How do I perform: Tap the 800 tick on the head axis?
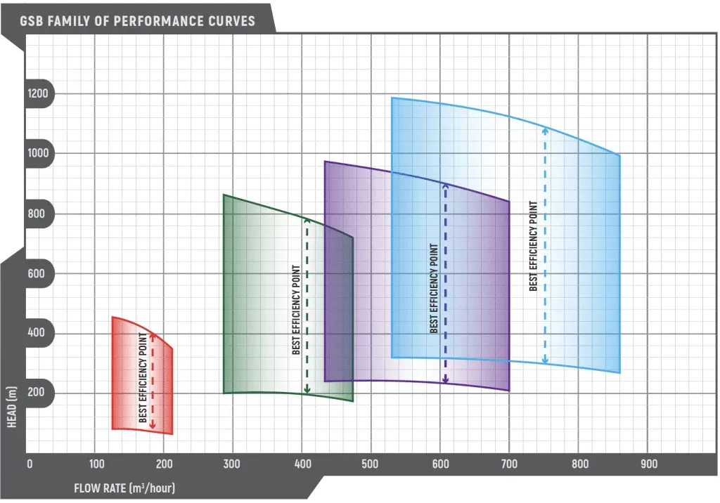37,214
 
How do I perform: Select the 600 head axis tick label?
37,273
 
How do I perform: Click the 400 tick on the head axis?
37,333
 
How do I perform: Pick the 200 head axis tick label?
37,392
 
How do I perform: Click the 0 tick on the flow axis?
30,464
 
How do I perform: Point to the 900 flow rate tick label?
648,464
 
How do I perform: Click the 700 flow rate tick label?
509,464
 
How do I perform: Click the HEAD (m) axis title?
12,414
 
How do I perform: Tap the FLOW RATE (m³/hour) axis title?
124,488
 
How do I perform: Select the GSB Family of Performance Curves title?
138,20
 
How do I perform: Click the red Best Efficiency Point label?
143,384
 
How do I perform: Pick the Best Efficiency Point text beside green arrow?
296,309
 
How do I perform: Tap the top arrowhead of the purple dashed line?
445,185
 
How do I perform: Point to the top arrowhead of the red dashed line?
153,334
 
